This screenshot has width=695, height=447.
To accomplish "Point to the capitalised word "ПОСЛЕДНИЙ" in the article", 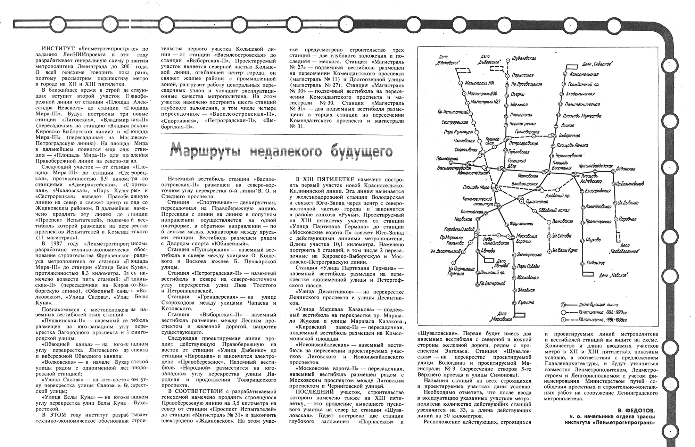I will click(305, 392).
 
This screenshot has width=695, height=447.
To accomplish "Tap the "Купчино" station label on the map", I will click(526, 303).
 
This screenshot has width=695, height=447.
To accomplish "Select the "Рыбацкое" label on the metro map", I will click(596, 263).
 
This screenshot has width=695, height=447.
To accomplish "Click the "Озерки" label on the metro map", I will click(518, 94).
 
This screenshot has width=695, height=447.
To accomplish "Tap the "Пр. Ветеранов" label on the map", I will click(493, 284).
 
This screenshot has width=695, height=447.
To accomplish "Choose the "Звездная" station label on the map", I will click(526, 290).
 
